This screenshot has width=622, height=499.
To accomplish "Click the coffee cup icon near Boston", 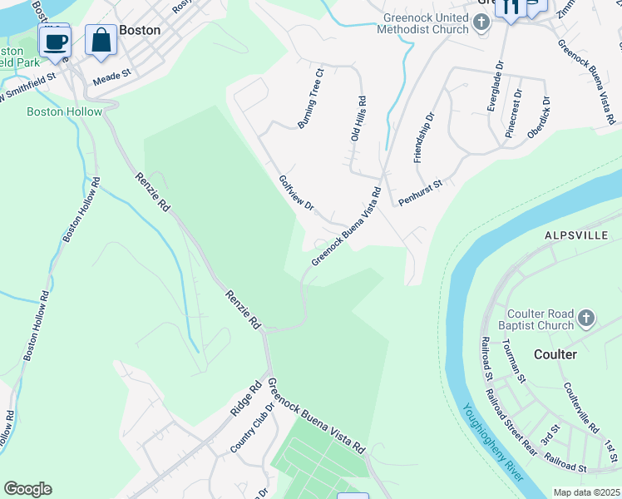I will [55, 41].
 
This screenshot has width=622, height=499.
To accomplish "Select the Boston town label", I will [140, 29].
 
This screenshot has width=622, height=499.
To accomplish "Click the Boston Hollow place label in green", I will [64, 111].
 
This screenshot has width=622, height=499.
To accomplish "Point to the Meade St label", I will [112, 75].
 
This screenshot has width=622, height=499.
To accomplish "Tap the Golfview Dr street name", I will [296, 193].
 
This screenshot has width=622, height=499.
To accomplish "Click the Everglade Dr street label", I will [493, 86].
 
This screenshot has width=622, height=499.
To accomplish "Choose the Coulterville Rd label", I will [580, 408].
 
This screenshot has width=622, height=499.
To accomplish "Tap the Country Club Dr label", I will [252, 429].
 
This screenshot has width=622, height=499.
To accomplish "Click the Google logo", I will [27, 489].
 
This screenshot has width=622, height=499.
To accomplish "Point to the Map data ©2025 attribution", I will [585, 492].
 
